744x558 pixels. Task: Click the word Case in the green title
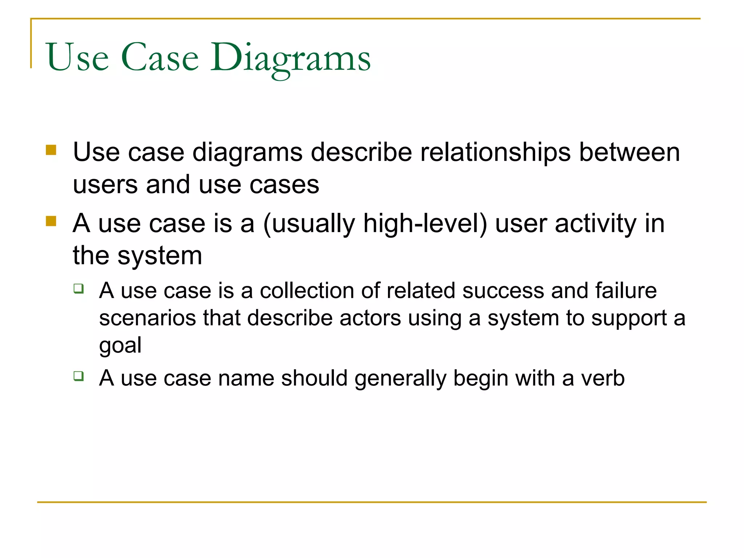160,58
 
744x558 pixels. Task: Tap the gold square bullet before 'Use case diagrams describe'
51,150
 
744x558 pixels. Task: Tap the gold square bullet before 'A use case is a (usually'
51,221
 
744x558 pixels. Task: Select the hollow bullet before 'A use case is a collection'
78,289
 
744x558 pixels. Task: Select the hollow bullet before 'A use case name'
78,376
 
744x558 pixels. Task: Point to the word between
629,153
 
